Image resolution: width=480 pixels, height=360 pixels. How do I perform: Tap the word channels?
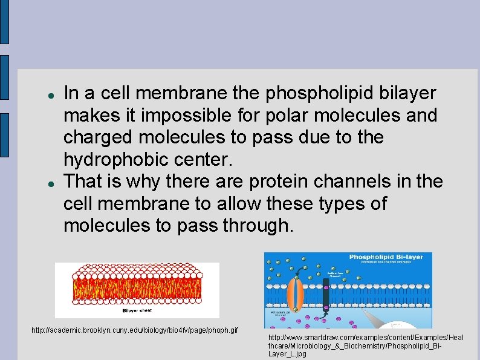click(x=370, y=182)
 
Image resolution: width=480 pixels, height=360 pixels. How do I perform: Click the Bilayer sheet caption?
click(x=137, y=310)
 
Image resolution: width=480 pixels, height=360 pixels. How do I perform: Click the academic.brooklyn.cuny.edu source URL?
click(x=134, y=331)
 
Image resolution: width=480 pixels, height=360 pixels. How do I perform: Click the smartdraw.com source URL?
click(x=366, y=345)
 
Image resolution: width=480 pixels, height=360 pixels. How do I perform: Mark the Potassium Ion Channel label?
click(x=281, y=313)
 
